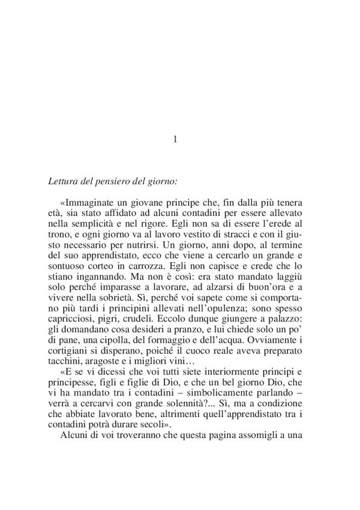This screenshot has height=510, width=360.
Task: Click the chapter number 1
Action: (x=175, y=139)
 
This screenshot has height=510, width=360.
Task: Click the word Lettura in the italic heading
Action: (x=61, y=179)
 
